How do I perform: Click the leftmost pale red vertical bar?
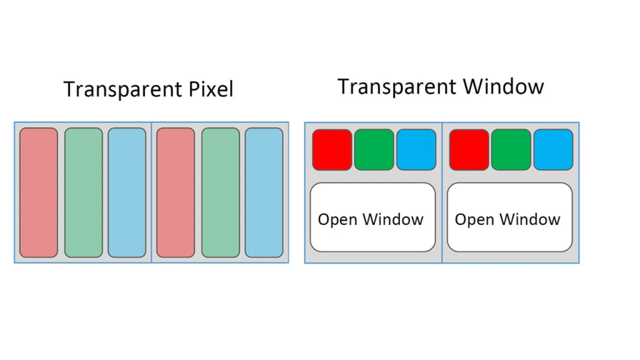pyautogui.click(x=38, y=192)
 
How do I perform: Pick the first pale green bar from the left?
pyautogui.click(x=83, y=192)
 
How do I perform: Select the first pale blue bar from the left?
pyautogui.click(x=127, y=192)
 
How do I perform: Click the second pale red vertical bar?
pyautogui.click(x=176, y=192)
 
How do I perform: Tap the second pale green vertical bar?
pyautogui.click(x=221, y=192)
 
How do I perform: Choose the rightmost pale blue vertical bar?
pyautogui.click(x=264, y=192)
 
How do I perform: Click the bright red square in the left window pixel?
pyautogui.click(x=332, y=149)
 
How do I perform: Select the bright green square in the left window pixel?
pyautogui.click(x=374, y=149)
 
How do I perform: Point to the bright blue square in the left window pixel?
pyautogui.click(x=416, y=149)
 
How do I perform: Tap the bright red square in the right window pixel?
pyautogui.click(x=469, y=149)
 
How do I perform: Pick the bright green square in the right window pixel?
pyautogui.click(x=511, y=149)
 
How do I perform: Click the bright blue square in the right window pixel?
pyautogui.click(x=553, y=149)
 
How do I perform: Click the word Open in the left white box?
pyautogui.click(x=338, y=220)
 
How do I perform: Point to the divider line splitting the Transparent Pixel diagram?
pyautogui.click(x=151, y=192)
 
